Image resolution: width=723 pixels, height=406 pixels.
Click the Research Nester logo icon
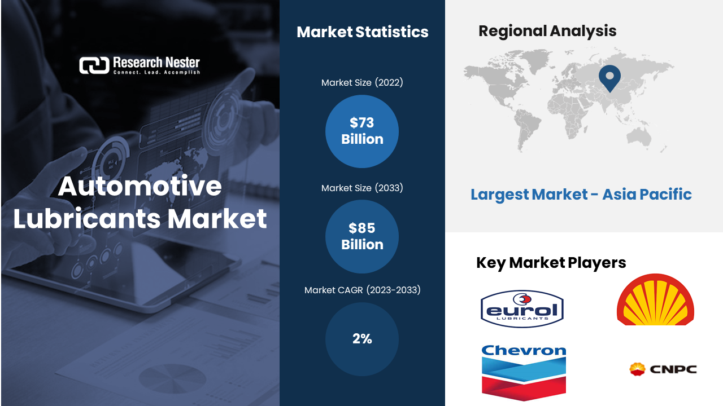point(94,65)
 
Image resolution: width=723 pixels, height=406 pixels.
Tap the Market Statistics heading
point(363,32)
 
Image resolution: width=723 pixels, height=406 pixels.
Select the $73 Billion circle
point(362,131)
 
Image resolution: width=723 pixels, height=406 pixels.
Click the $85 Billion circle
point(362,236)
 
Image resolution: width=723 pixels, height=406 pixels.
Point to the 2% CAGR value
point(362,339)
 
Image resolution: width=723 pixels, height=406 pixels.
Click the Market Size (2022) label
point(362,82)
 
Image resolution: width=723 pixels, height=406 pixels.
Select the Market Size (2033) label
point(362,188)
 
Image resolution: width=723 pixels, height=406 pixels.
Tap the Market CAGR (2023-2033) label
point(363,290)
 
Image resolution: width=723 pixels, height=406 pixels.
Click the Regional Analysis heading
point(547,31)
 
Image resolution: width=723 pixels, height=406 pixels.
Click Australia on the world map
point(638,138)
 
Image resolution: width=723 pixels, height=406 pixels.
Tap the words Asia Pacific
point(647,195)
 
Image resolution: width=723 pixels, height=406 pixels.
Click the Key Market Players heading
point(551,263)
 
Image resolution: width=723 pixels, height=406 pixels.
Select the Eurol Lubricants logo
point(522,308)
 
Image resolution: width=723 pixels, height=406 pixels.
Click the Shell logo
point(655,299)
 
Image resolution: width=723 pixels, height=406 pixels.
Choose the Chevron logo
point(524,373)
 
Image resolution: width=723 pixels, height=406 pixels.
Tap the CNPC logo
point(663,369)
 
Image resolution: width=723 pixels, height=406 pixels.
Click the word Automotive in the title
point(140,186)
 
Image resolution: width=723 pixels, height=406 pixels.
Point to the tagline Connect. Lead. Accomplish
point(156,72)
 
